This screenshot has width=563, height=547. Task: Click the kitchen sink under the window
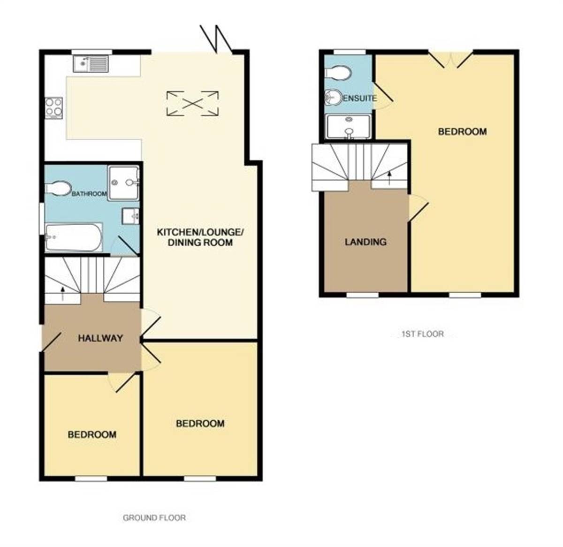pyautogui.click(x=91, y=63)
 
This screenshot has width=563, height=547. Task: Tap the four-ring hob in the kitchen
pyautogui.click(x=53, y=107)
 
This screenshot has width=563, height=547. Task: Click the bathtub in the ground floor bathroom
pyautogui.click(x=74, y=237)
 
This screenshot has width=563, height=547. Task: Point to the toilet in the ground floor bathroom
pyautogui.click(x=57, y=188)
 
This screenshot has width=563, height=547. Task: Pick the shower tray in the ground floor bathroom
pyautogui.click(x=124, y=182)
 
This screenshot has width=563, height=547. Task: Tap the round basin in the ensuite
pyautogui.click(x=334, y=97)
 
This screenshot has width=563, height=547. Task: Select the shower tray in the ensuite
pyautogui.click(x=348, y=127)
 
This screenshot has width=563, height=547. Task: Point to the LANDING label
pyautogui.click(x=365, y=242)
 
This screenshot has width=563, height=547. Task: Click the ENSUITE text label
pyautogui.click(x=360, y=99)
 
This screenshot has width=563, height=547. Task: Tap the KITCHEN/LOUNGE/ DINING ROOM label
pyautogui.click(x=200, y=237)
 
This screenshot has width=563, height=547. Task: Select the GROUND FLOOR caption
pyautogui.click(x=154, y=518)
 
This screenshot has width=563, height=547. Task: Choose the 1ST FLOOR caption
pyautogui.click(x=422, y=334)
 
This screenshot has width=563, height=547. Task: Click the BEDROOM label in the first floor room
pyautogui.click(x=462, y=132)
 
